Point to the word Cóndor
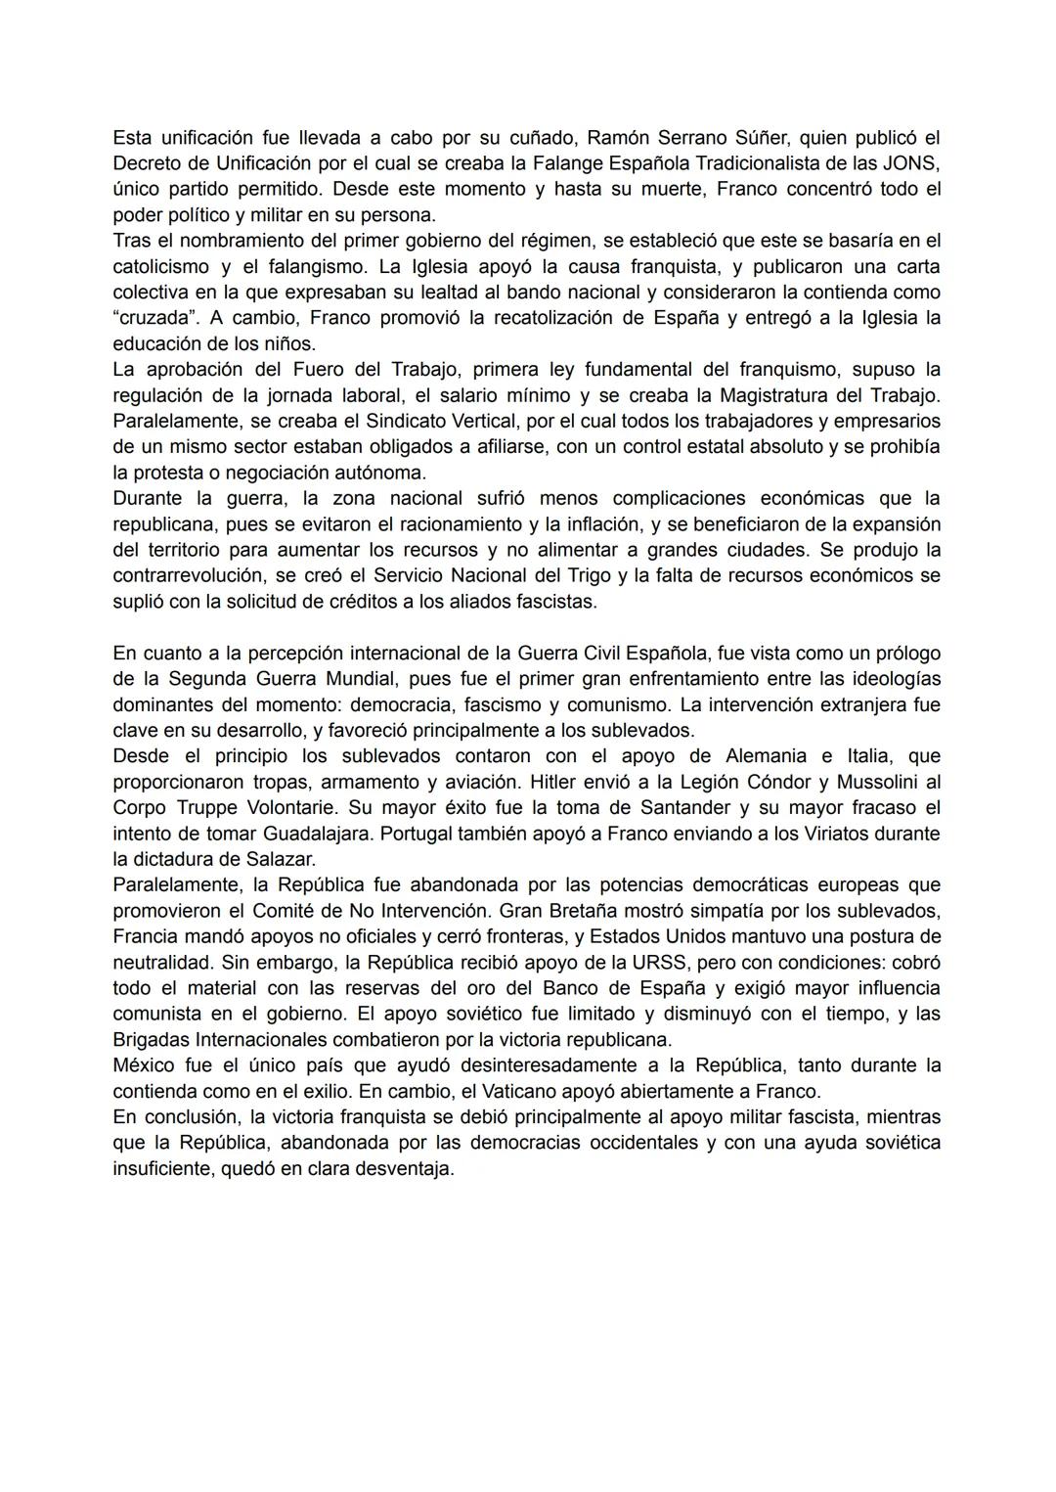(x=790, y=782)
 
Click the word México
(x=145, y=1064)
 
